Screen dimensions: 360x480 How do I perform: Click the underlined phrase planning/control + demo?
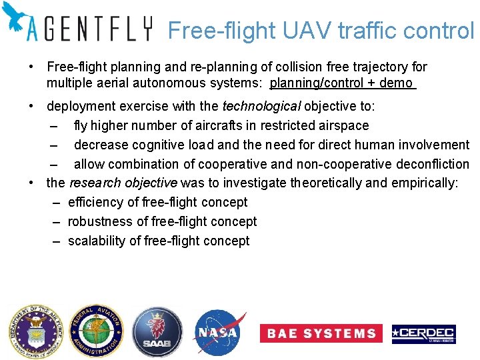coord(341,83)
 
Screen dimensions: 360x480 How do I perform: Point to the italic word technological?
coord(261,107)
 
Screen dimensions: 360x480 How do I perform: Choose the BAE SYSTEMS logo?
coord(321,333)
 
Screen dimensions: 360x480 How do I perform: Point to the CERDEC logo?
coord(424,333)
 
